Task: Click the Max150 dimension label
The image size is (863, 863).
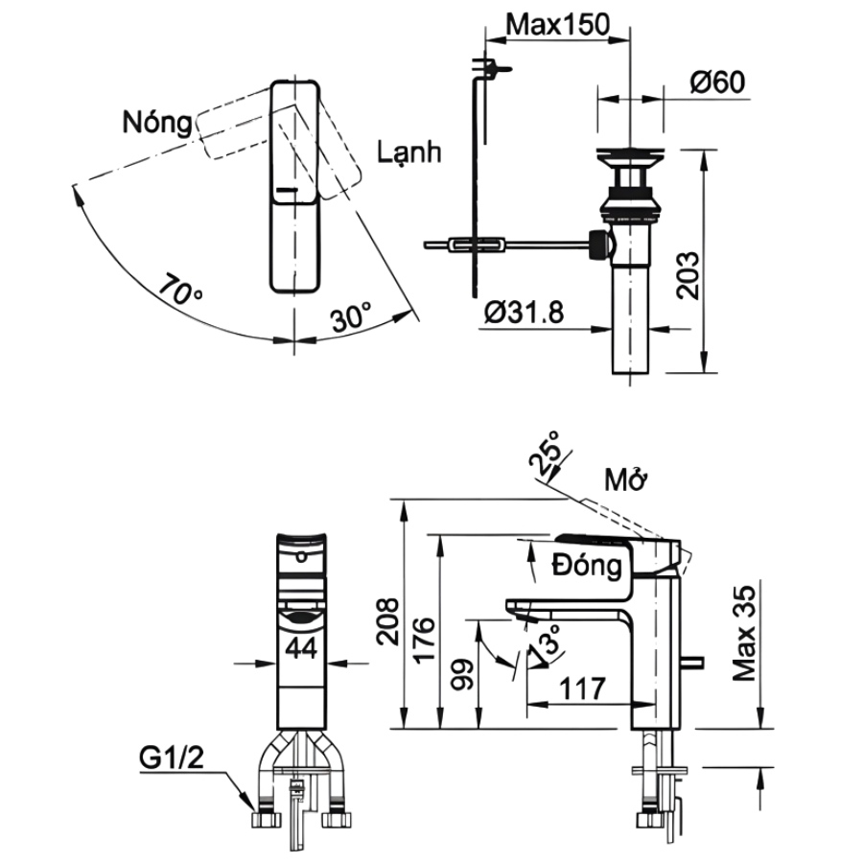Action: tap(557, 26)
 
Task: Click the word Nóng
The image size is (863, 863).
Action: tap(155, 122)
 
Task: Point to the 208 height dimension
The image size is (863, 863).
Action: tap(387, 623)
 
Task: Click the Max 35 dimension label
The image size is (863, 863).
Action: tap(746, 633)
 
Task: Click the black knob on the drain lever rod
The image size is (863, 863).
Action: tap(600, 245)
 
